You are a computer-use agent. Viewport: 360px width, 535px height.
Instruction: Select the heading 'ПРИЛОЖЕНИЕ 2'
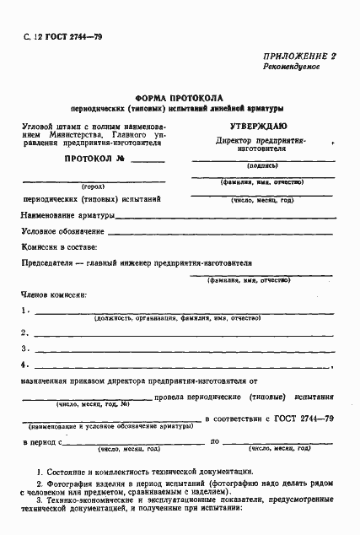pyautogui.click(x=299, y=55)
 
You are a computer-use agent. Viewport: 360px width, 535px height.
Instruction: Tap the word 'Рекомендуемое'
pyautogui.click(x=291, y=66)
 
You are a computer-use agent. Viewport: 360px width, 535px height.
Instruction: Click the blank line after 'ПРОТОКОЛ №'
pyautogui.click(x=148, y=160)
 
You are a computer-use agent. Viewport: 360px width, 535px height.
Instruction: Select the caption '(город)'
pyautogui.click(x=92, y=186)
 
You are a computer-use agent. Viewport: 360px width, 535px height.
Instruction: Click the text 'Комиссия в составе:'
pyautogui.click(x=58, y=247)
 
